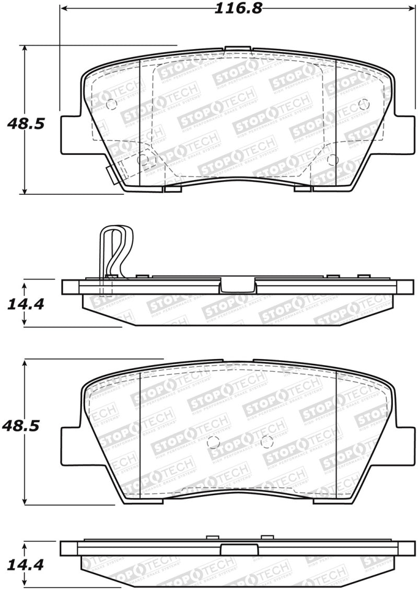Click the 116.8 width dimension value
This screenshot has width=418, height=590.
(238, 8)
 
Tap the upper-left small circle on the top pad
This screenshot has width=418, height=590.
(111, 105)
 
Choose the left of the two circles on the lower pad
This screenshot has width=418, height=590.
(212, 442)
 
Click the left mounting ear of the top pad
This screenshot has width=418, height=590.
(71, 133)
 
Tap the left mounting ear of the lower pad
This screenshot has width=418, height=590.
(71, 445)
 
